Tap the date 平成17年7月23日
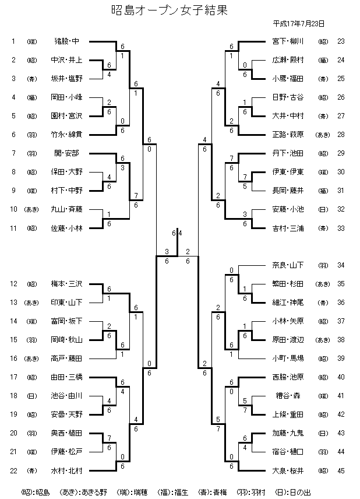(298, 24)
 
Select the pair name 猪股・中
(66, 41)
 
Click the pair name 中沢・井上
(66, 59)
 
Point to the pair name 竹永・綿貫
(66, 135)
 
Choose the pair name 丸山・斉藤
(66, 209)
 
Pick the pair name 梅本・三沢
(66, 284)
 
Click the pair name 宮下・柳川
(287, 41)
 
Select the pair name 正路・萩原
(287, 135)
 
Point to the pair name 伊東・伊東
(287, 172)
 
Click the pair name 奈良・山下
(287, 266)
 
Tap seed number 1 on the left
(13, 41)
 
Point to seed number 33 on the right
(341, 228)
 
